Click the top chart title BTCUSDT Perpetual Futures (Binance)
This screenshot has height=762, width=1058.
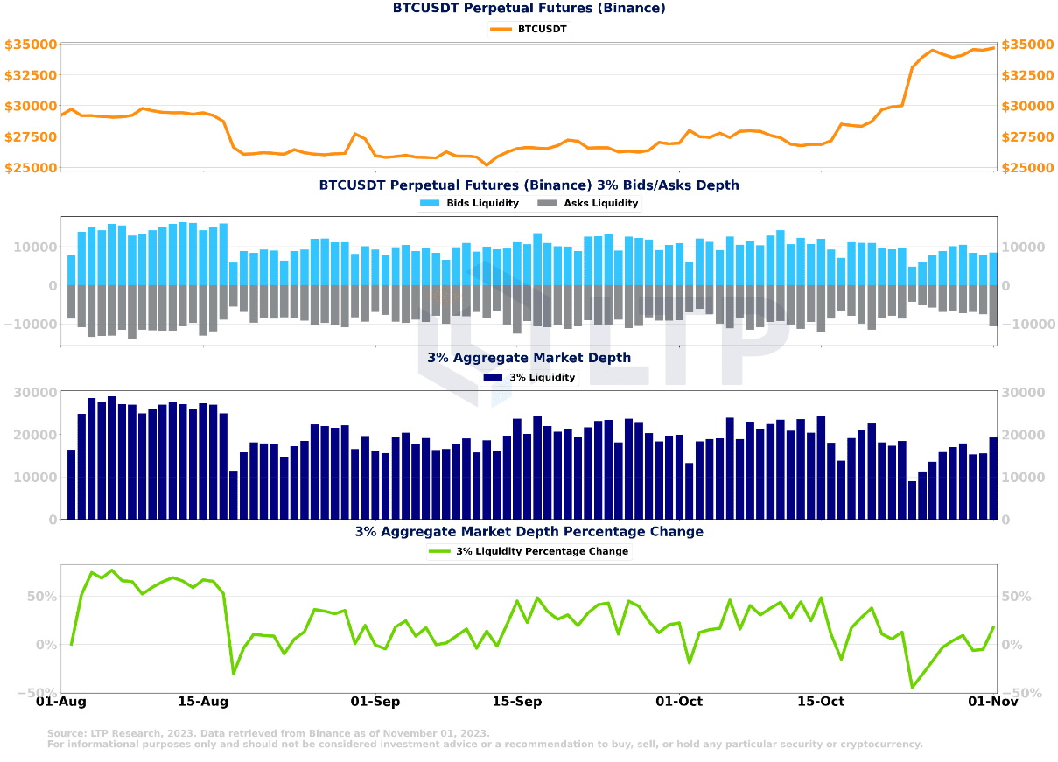click(x=529, y=9)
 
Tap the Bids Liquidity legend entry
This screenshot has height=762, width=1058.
click(x=469, y=203)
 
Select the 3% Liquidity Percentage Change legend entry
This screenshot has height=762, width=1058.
click(x=529, y=551)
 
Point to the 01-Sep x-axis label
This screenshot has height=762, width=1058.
click(x=375, y=701)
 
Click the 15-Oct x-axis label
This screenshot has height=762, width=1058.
click(x=821, y=701)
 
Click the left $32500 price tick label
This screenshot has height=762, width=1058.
click(x=31, y=75)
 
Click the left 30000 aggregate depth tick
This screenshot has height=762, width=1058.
click(x=35, y=393)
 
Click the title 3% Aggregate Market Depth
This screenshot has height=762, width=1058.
click(x=529, y=358)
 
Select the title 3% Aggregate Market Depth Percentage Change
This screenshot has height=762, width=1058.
click(x=529, y=532)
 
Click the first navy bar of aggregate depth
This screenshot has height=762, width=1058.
click(x=72, y=485)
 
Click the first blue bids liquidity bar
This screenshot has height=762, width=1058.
click(x=72, y=270)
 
